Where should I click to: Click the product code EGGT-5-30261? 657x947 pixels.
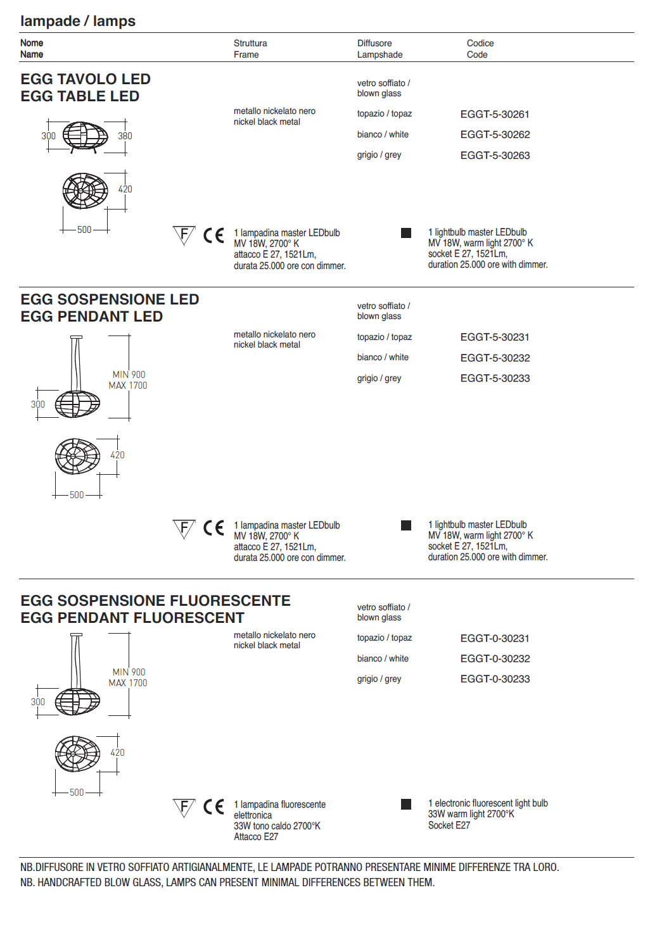pos(494,115)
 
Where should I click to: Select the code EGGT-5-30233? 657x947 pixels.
pos(494,379)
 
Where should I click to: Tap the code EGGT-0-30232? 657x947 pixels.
pos(494,659)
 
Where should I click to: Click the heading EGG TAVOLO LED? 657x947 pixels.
pos(86,79)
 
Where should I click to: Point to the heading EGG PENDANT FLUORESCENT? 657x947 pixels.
pos(132,618)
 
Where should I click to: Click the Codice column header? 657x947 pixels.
pos(480,44)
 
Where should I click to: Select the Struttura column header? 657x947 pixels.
pos(250,44)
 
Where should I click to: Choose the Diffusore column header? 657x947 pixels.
pos(374,44)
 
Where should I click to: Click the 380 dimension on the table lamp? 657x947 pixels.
pos(125,136)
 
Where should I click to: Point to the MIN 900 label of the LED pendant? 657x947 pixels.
pos(129,375)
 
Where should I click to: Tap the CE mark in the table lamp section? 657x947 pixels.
pos(214,235)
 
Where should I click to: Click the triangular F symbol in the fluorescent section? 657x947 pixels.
pos(184,807)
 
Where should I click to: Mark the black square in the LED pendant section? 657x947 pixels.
pos(406,525)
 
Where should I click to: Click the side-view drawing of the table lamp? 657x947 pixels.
pos(85,136)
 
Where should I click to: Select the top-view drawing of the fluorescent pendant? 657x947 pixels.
pos(77,754)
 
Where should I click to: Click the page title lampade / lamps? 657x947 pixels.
pos(78,21)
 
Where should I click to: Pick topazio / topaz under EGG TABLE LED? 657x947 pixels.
pos(384,114)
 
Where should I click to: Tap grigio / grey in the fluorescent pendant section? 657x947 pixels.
pos(379,679)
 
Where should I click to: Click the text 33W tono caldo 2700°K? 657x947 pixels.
pos(277,826)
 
